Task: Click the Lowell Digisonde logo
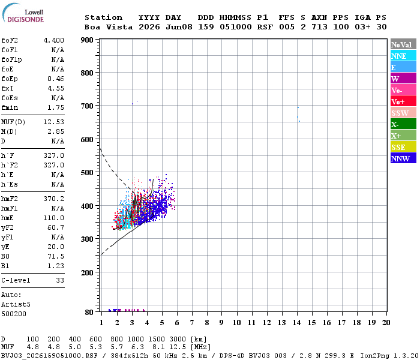coord(23,13)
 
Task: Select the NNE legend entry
coord(403,56)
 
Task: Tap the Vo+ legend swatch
coord(403,101)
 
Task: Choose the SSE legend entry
coord(403,147)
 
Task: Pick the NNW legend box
coord(403,158)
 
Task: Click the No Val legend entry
coord(403,44)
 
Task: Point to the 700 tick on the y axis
coord(87,106)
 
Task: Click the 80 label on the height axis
coord(89,312)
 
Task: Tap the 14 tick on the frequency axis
coord(297,323)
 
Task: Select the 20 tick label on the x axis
coord(386,323)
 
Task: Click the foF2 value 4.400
coord(54,40)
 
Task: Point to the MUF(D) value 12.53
coord(54,122)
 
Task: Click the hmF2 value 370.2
coord(54,199)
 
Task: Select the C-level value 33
coord(60,280)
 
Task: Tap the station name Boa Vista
coord(109,27)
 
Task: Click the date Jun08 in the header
coord(179,27)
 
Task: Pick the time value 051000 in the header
coord(236,27)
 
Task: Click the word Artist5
coord(16,305)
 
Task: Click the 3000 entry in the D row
coord(178,340)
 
